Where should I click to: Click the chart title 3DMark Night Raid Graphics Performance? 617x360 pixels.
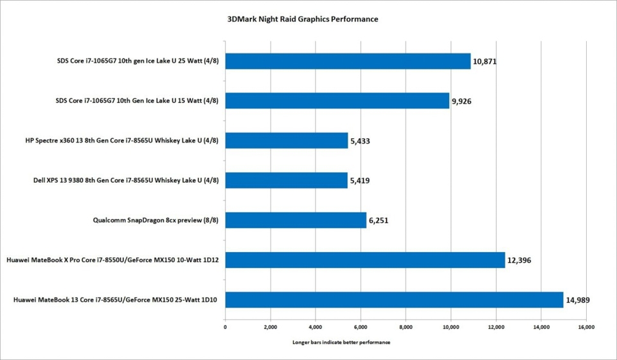click(x=303, y=19)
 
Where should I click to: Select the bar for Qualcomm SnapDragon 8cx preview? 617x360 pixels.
click(x=296, y=221)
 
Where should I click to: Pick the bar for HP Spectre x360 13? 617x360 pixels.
click(x=287, y=141)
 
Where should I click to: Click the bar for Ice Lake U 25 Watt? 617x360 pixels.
click(x=348, y=61)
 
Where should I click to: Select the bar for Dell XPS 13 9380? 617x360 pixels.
click(x=286, y=181)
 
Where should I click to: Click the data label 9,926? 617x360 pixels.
click(x=463, y=102)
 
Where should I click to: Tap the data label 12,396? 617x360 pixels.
click(x=519, y=260)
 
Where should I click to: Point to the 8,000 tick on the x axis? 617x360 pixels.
click(x=406, y=327)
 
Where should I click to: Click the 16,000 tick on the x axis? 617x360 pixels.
click(x=586, y=327)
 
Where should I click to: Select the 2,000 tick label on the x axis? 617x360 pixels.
click(x=270, y=327)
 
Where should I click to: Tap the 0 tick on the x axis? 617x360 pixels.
click(x=225, y=327)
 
